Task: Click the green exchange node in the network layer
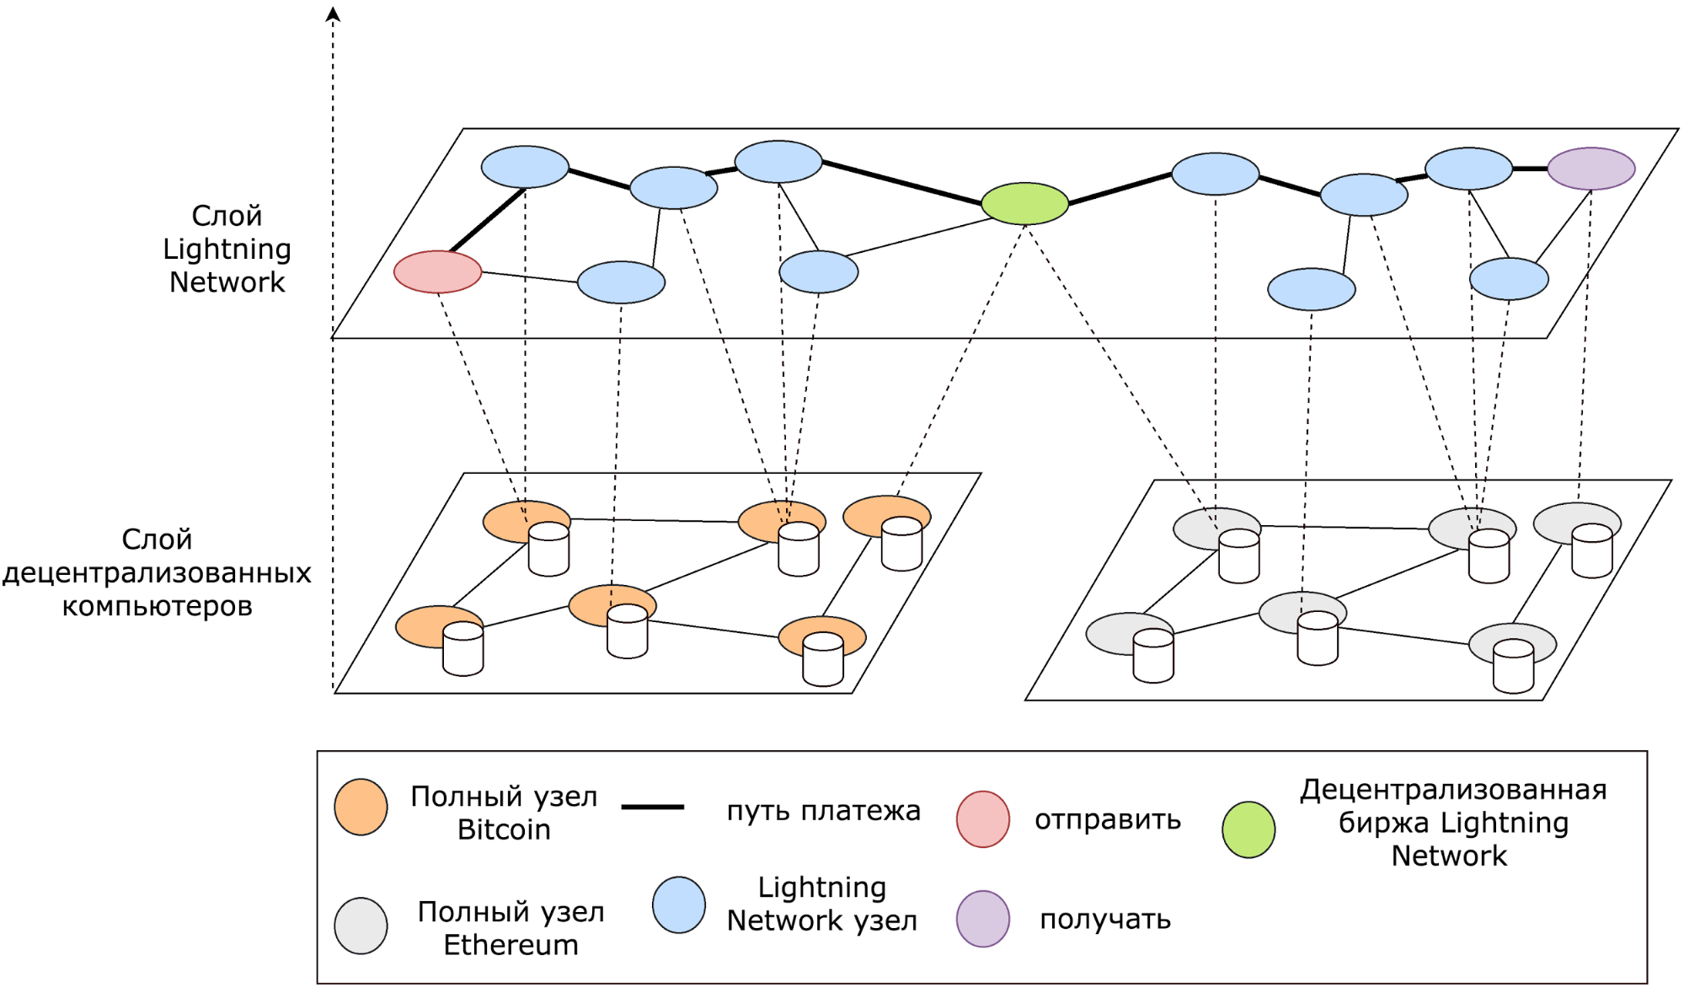pyautogui.click(x=1024, y=203)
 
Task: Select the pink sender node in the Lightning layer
pyautogui.click(x=437, y=271)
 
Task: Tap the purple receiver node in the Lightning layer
pyautogui.click(x=1590, y=169)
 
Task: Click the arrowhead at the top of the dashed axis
pyautogui.click(x=333, y=13)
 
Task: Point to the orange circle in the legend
pyautogui.click(x=361, y=807)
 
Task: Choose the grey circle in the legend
pyautogui.click(x=361, y=926)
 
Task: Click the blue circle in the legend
pyautogui.click(x=678, y=904)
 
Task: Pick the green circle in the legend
pyautogui.click(x=1248, y=829)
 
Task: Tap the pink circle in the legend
pyautogui.click(x=982, y=819)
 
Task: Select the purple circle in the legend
pyautogui.click(x=982, y=918)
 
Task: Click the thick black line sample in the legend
pyautogui.click(x=652, y=807)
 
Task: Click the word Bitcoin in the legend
pyautogui.click(x=504, y=829)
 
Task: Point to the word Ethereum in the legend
pyautogui.click(x=511, y=945)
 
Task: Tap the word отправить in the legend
pyautogui.click(x=1107, y=819)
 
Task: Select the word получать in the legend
pyautogui.click(x=1105, y=919)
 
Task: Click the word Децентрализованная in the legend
pyautogui.click(x=1453, y=789)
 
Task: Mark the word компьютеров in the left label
pyautogui.click(x=157, y=606)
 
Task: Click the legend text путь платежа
pyautogui.click(x=823, y=810)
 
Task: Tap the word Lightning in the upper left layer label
pyautogui.click(x=227, y=249)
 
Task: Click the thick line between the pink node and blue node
pyautogui.click(x=488, y=220)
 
